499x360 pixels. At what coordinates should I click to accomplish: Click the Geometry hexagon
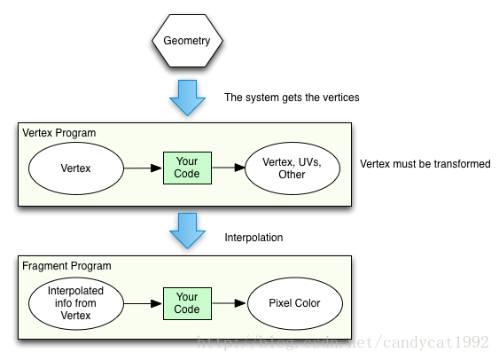click(187, 41)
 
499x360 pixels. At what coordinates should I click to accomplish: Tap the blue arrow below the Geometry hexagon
click(187, 98)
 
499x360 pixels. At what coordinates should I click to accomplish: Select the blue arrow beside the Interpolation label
click(187, 231)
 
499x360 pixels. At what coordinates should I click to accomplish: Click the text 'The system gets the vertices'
click(292, 98)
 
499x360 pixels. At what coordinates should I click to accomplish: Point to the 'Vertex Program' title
click(59, 133)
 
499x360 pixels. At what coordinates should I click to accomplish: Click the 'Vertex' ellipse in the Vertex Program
click(75, 168)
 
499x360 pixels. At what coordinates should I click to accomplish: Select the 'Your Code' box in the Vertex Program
click(187, 168)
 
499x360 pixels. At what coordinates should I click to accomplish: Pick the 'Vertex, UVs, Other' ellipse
click(292, 168)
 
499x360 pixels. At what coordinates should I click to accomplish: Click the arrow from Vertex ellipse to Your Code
click(143, 168)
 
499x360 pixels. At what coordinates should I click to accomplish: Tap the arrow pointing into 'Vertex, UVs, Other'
click(229, 168)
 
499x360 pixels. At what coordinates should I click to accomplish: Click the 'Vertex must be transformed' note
click(425, 164)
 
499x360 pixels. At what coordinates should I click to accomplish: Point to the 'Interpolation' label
click(253, 238)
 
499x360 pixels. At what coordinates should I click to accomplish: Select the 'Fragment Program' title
click(66, 266)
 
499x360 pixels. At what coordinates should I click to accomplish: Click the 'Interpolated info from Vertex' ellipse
click(75, 303)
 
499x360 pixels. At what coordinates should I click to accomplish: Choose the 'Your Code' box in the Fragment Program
click(187, 303)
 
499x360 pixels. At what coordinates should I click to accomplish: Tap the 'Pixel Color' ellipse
click(295, 303)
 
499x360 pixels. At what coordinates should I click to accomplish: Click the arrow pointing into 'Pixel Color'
click(229, 303)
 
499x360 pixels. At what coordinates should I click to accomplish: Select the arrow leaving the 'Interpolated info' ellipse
click(143, 303)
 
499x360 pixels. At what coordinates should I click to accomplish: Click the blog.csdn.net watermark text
click(343, 343)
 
